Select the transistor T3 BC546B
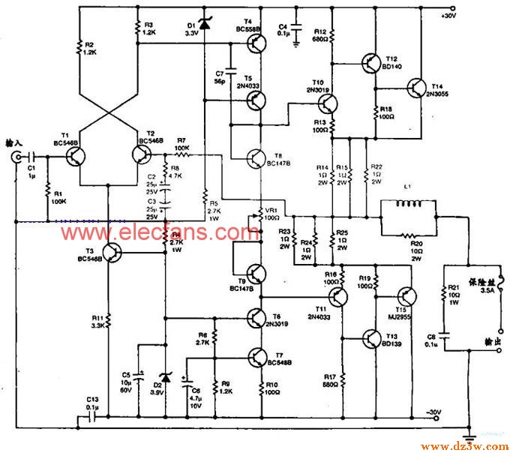click(x=112, y=253)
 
